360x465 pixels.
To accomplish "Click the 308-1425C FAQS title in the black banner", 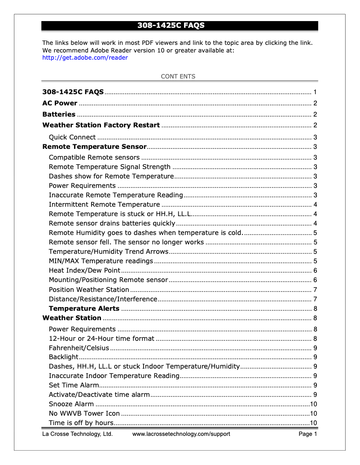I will click(x=171, y=26).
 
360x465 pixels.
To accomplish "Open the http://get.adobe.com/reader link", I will click(x=85, y=57).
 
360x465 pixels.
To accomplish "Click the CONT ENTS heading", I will click(x=178, y=76).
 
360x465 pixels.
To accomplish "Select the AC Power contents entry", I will click(x=60, y=103).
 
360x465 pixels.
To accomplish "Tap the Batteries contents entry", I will click(x=59, y=114).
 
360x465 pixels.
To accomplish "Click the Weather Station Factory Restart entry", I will click(x=101, y=125).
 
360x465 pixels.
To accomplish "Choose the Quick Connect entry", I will click(x=72, y=137).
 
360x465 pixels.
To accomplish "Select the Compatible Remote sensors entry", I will click(x=94, y=157).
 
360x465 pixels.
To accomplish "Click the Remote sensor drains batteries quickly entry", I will click(x=112, y=223).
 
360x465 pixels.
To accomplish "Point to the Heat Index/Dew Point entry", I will click(x=84, y=270).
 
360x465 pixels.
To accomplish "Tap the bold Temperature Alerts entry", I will click(x=84, y=309).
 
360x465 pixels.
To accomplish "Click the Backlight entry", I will click(x=63, y=357).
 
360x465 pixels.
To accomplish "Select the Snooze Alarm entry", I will click(x=71, y=404).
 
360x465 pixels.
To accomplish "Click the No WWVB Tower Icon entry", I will click(x=84, y=413).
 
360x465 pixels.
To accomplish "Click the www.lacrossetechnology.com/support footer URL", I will click(x=181, y=434).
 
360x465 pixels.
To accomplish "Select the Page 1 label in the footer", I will click(x=308, y=434).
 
